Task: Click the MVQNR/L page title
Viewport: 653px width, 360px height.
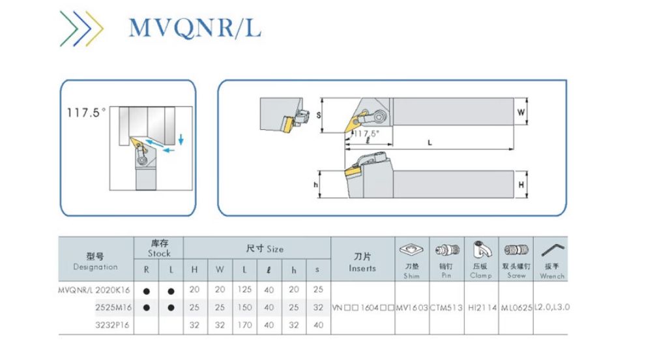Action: (x=194, y=27)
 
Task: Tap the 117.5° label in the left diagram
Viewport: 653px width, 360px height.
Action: (x=86, y=113)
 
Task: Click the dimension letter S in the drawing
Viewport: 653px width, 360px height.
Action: (x=319, y=115)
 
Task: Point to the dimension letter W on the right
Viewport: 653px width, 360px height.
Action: (x=521, y=112)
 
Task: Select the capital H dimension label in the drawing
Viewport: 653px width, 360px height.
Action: (x=521, y=186)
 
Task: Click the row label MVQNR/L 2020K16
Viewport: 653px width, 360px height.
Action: (x=95, y=290)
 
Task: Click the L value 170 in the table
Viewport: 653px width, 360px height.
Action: (x=245, y=324)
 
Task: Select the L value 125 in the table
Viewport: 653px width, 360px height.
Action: (x=245, y=290)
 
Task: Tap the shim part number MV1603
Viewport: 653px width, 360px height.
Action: (x=412, y=307)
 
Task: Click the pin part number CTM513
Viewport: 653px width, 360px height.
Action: (x=446, y=307)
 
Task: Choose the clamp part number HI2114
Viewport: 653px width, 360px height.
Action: (x=482, y=307)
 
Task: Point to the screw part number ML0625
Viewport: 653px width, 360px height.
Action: (x=516, y=307)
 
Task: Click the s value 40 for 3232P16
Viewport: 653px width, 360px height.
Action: (x=317, y=324)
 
